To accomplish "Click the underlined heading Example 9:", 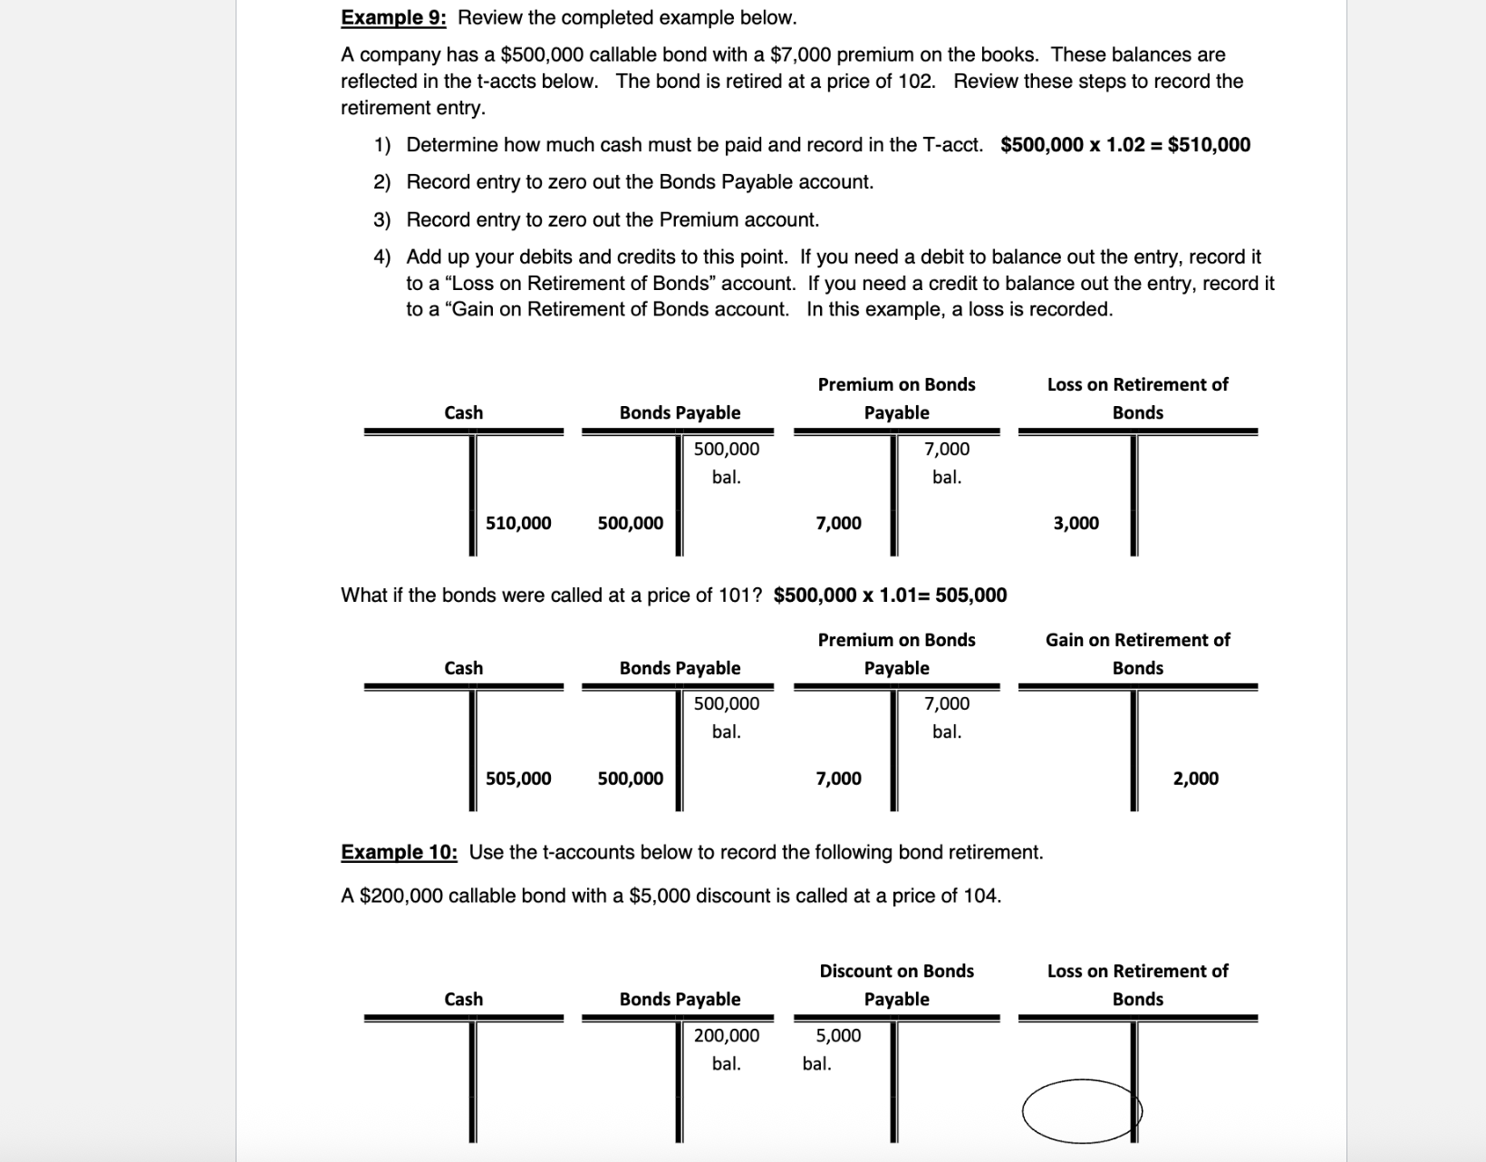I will click(393, 17).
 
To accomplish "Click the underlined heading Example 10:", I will click(399, 852).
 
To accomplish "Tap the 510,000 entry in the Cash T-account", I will click(518, 523).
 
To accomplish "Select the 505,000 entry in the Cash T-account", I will click(518, 779).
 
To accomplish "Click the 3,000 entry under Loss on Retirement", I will click(1076, 523).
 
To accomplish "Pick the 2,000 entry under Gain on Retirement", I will click(1195, 779).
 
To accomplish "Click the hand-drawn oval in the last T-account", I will click(1081, 1110).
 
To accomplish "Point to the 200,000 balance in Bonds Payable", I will click(727, 1035).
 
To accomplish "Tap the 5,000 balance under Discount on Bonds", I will click(838, 1035).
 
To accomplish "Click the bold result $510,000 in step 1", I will click(1209, 145).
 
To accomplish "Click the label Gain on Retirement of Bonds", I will click(1137, 653).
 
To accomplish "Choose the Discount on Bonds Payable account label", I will click(896, 984).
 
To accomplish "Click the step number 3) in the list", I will click(381, 220).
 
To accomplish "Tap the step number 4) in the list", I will click(381, 257).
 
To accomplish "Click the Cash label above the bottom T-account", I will click(463, 999).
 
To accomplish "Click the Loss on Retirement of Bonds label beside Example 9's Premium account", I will click(1137, 398).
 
